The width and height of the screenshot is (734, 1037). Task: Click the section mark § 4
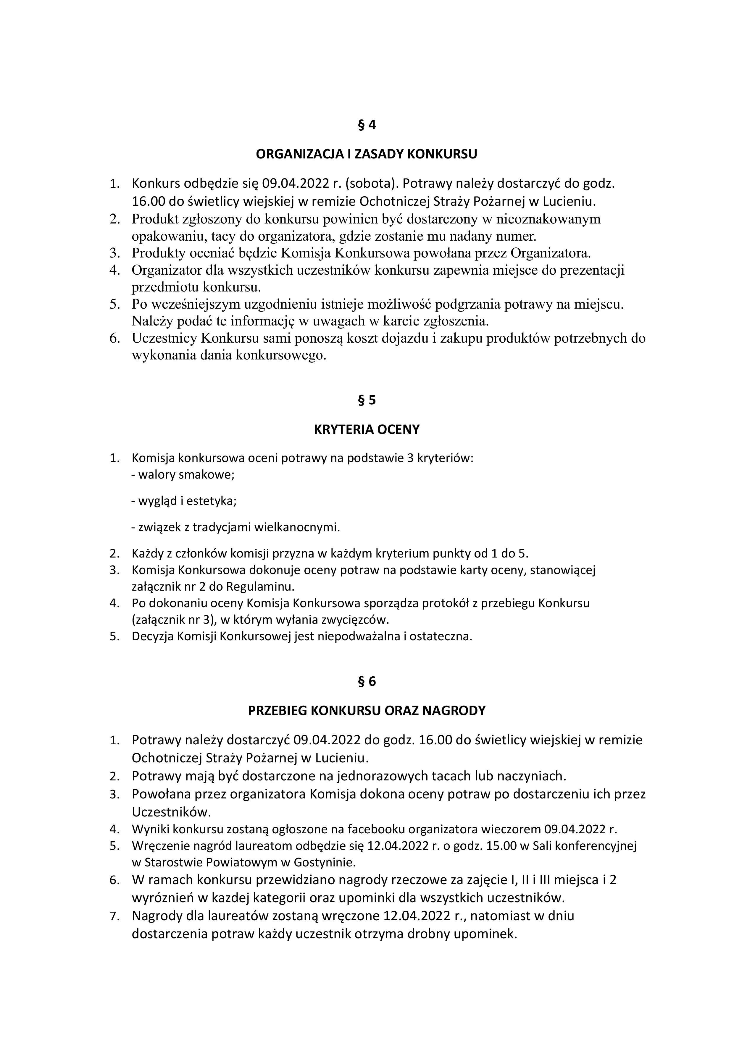tap(367, 125)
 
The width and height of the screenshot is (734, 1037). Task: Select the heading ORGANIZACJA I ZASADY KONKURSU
tap(367, 155)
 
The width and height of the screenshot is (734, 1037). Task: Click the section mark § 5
tap(367, 400)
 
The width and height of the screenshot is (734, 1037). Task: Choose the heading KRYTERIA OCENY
tap(367, 430)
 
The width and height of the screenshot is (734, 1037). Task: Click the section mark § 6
tap(367, 682)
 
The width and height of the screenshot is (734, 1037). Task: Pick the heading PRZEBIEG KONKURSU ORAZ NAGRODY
tap(367, 711)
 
